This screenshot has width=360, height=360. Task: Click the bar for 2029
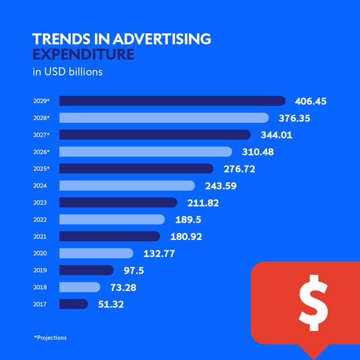[172, 101]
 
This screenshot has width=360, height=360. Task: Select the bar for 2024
[127, 185]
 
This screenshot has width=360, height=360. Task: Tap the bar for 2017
[74, 304]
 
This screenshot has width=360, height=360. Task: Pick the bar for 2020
[96, 253]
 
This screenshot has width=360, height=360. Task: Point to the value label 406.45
[311, 101]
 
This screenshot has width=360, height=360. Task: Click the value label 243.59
[220, 186]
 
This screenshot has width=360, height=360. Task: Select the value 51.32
[110, 304]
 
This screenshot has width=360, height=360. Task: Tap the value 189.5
[188, 220]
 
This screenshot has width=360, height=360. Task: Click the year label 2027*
[41, 135]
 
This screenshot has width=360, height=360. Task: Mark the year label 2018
[40, 287]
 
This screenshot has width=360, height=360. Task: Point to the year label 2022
[40, 220]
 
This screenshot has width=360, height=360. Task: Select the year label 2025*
[41, 169]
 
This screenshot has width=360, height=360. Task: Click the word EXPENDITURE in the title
[83, 55]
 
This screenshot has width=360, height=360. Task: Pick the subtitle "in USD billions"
[67, 73]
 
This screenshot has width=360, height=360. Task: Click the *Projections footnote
[50, 338]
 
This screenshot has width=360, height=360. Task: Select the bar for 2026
[146, 152]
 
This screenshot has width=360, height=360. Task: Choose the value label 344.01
[275, 135]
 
